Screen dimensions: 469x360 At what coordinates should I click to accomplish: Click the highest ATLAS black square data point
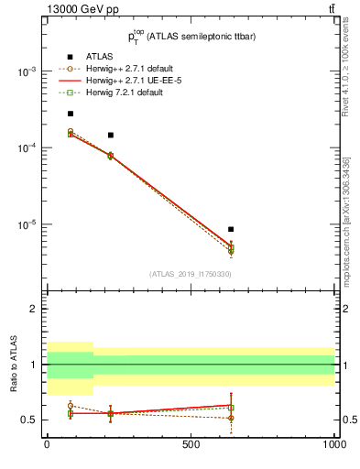click(71, 114)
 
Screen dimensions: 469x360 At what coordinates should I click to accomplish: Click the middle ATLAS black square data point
click(111, 135)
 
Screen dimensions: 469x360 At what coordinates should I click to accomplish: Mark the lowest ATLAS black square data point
click(231, 229)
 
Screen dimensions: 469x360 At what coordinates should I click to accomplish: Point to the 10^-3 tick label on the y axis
click(24, 71)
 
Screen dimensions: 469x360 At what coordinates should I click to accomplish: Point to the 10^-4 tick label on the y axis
click(24, 148)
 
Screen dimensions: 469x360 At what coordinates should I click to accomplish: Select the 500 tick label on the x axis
click(191, 443)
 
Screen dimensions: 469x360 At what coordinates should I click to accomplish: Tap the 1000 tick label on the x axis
click(333, 443)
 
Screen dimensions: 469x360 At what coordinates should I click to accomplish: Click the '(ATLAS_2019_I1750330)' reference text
click(190, 274)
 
